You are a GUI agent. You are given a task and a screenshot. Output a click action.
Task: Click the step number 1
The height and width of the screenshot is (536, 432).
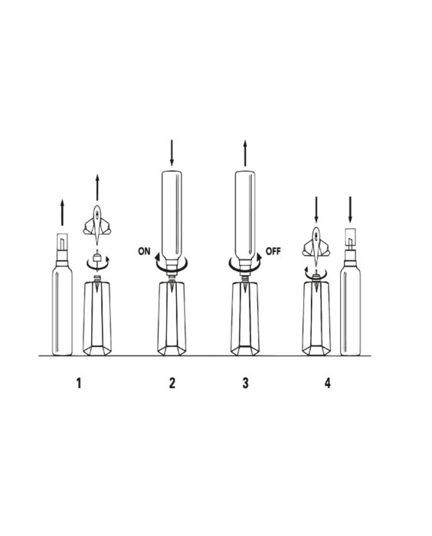pyautogui.click(x=79, y=383)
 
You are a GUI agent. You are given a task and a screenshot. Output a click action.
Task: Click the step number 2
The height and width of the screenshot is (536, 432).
pyautogui.click(x=172, y=383)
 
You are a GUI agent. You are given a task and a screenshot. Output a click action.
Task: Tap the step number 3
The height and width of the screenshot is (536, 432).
pyautogui.click(x=245, y=383)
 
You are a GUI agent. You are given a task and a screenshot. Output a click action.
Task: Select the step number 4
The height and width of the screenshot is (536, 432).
pyautogui.click(x=327, y=383)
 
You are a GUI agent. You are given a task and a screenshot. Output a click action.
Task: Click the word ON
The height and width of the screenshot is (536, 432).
pyautogui.click(x=144, y=251)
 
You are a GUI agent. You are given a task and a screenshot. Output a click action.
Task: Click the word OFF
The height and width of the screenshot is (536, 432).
pyautogui.click(x=273, y=251)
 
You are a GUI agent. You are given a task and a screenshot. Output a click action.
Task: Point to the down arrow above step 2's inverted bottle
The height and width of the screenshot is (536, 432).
pyautogui.click(x=172, y=153)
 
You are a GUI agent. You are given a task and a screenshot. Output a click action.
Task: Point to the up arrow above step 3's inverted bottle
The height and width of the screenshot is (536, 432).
pyautogui.click(x=245, y=153)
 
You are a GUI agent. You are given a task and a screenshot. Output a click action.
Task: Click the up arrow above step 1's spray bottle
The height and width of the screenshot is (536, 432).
pyautogui.click(x=62, y=212)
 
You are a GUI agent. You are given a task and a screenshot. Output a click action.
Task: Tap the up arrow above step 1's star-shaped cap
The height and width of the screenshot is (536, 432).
pyautogui.click(x=97, y=188)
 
